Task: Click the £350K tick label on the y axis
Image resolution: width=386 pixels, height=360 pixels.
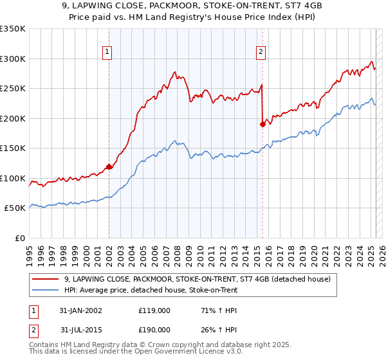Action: tap(13, 29)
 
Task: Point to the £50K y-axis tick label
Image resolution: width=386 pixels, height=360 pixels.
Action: tap(15, 208)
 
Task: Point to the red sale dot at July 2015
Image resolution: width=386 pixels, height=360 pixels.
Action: tap(262, 125)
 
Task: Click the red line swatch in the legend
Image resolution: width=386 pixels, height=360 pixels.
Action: tap(46, 279)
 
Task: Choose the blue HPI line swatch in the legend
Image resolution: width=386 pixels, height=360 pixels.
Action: tap(46, 290)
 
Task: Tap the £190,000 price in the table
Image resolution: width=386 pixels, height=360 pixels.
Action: tap(154, 329)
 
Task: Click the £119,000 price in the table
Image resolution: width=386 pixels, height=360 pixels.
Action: tap(154, 310)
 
